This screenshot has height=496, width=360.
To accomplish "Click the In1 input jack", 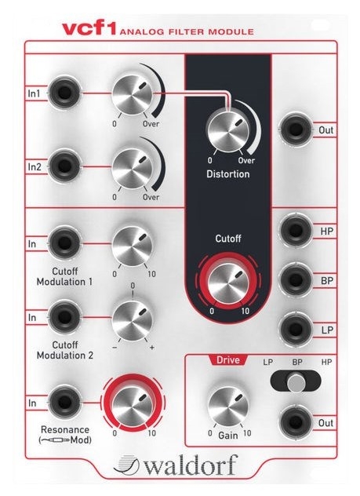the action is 64,93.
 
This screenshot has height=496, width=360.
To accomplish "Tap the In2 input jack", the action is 64,166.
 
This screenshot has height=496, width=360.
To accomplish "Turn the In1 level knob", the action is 133,94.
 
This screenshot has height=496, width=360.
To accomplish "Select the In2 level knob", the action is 133,167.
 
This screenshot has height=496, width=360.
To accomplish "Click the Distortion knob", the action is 227,130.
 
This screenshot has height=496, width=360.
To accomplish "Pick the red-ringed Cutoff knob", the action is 228,281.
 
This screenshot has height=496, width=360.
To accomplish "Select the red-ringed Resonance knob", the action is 133,403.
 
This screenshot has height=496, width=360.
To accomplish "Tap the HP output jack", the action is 296,230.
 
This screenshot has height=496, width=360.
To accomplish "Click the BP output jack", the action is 296,279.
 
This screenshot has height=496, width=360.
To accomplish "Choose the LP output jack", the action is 296,329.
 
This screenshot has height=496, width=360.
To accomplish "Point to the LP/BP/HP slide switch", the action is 296,381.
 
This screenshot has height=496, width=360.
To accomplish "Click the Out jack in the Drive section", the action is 296,421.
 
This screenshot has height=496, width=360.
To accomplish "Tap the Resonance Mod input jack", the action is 64,402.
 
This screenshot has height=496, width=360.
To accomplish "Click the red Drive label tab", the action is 228,360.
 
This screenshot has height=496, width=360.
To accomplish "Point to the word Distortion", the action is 228,173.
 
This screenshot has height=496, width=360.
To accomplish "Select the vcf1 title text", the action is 89,29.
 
